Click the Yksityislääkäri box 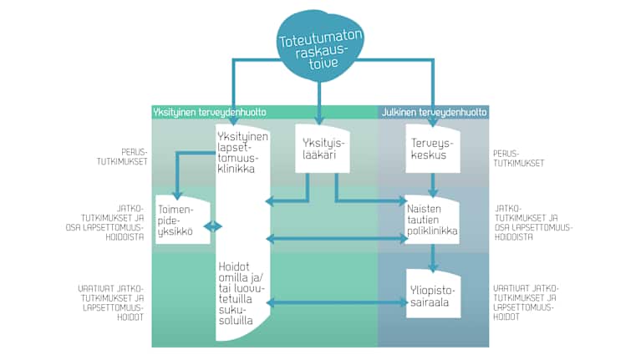(322, 149)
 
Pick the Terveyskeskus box (432, 149)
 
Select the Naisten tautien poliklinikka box (432, 220)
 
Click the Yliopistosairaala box (432, 291)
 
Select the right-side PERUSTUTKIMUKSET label (520, 158)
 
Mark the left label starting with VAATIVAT (109, 302)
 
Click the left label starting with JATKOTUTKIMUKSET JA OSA (109, 222)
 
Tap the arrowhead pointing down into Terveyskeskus (432, 123)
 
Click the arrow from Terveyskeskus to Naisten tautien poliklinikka (432, 184)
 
